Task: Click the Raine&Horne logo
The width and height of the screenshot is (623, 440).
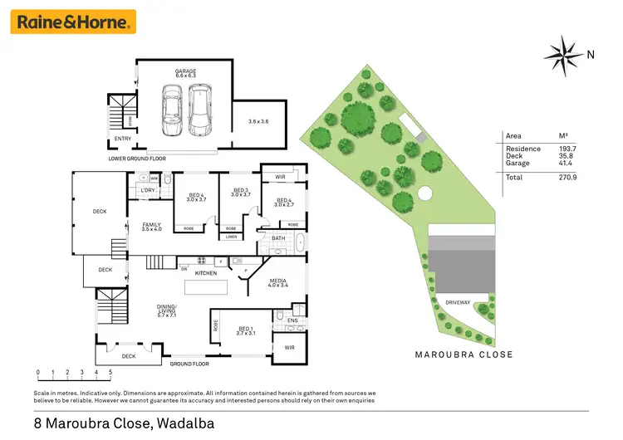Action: click(73, 22)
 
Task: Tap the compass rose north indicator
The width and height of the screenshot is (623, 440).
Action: click(565, 55)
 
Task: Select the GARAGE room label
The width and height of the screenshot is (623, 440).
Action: click(184, 72)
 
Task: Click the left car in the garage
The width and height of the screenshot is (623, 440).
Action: click(171, 111)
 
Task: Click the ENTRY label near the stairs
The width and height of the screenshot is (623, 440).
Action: click(122, 139)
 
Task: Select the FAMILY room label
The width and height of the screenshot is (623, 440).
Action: click(150, 225)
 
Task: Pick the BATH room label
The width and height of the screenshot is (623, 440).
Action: click(279, 239)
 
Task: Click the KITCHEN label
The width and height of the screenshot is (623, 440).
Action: click(205, 272)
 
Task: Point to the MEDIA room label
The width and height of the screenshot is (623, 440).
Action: click(278, 281)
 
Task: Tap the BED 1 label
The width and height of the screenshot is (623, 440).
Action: click(244, 328)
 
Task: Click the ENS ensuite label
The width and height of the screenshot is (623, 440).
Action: click(292, 320)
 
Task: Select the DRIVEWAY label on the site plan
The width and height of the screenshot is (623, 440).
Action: click(458, 302)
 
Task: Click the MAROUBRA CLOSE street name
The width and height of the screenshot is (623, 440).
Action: click(464, 354)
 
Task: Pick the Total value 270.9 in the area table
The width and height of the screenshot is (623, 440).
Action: click(569, 178)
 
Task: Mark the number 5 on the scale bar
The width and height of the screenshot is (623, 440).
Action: click(110, 373)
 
